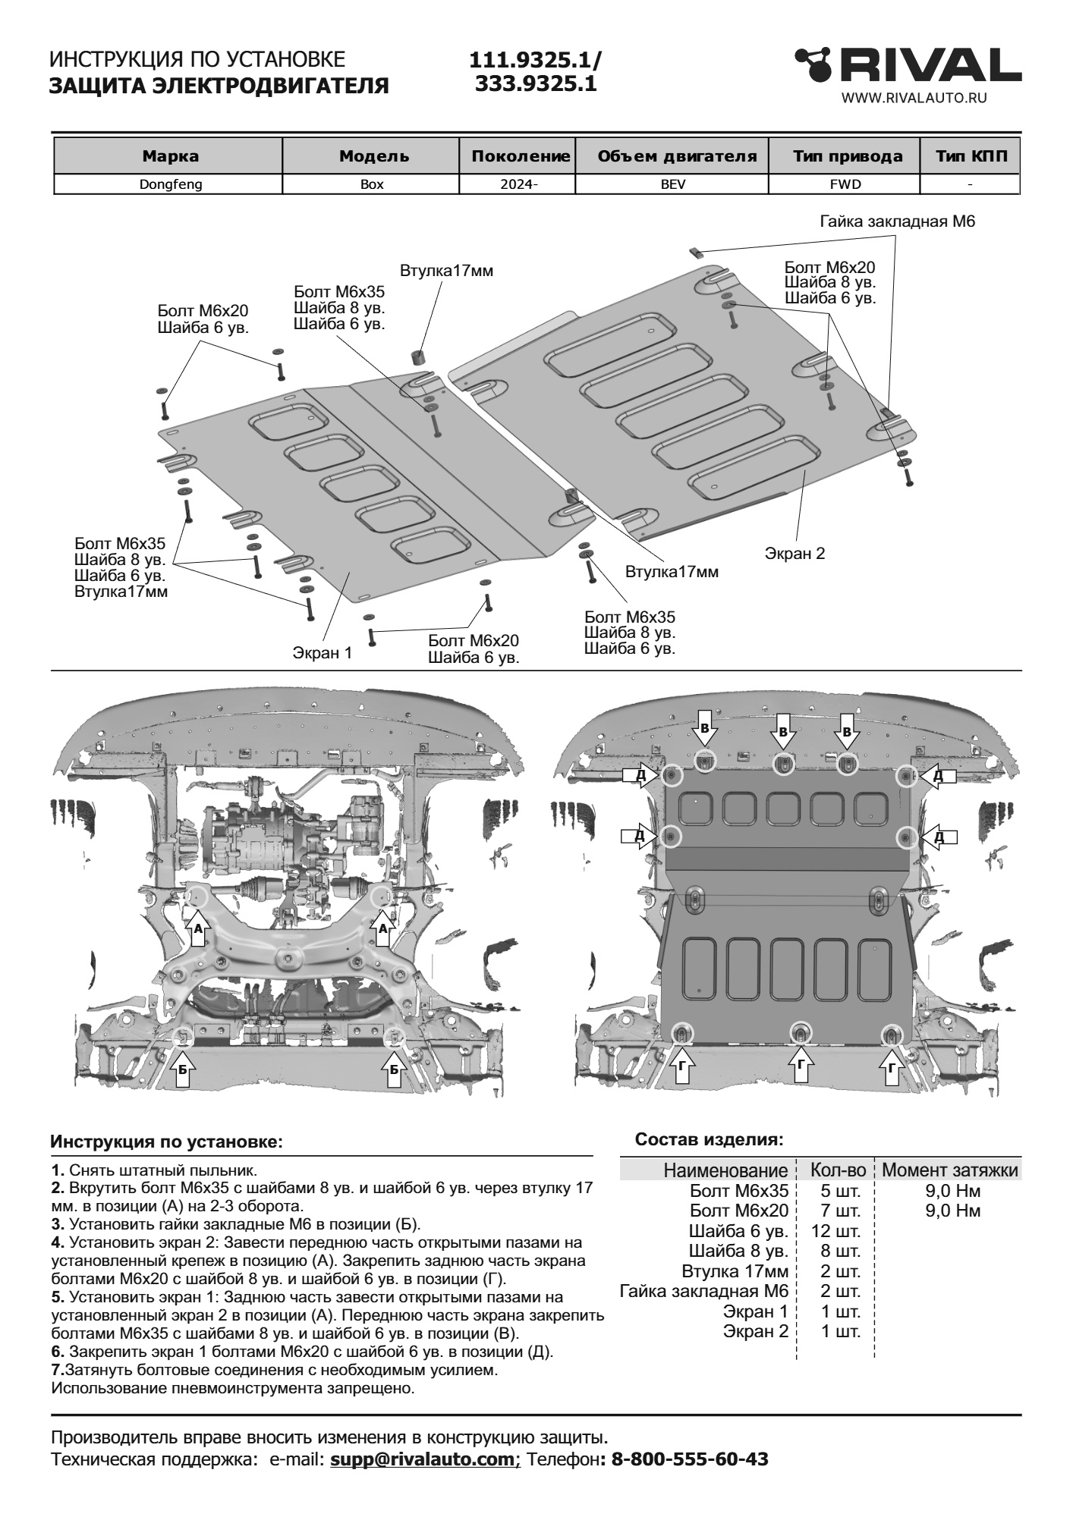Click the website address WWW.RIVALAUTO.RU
[914, 97]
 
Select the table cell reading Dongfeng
[170, 184]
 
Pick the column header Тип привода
[848, 156]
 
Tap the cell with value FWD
[845, 184]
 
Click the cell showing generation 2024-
[519, 184]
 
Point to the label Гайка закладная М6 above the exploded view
[897, 221]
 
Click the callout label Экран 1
[323, 653]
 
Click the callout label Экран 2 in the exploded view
[794, 553]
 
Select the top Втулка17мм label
[446, 271]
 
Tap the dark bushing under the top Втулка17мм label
[418, 356]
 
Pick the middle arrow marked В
[783, 732]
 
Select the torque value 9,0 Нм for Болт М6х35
[952, 1191]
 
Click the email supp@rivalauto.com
[423, 1459]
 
